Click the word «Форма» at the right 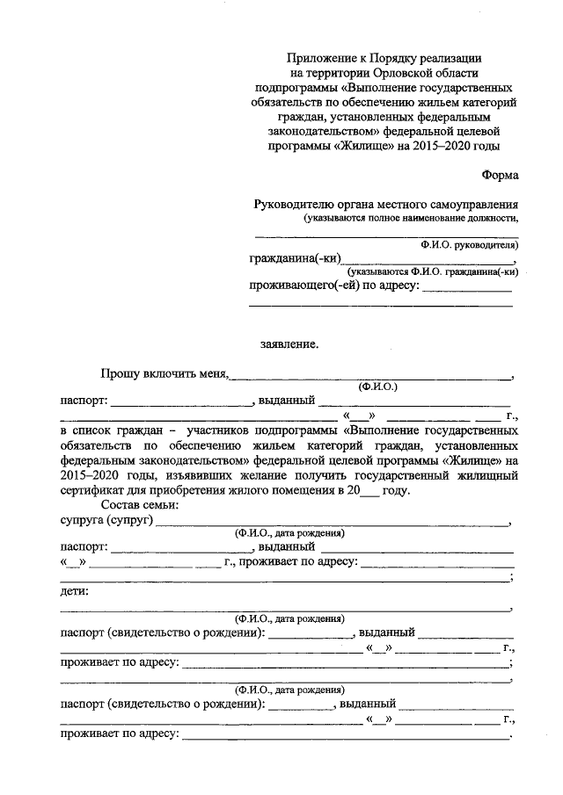tap(501, 176)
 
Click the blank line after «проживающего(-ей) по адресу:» tap(467, 290)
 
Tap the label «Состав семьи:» tap(141, 505)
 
